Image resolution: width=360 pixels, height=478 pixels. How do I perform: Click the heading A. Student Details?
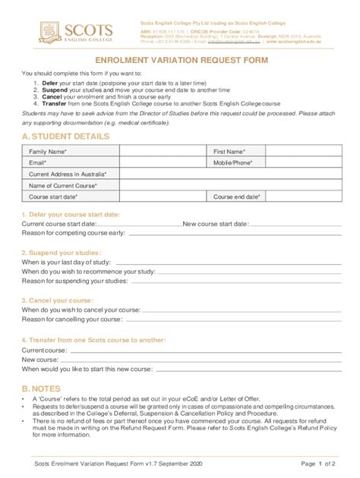pyautogui.click(x=65, y=137)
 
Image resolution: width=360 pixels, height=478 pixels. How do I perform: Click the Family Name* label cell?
pyautogui.click(x=48, y=152)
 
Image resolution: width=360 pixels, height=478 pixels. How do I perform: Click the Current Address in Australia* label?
pyautogui.click(x=68, y=174)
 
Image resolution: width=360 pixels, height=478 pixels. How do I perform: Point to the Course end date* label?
pyautogui.click(x=237, y=196)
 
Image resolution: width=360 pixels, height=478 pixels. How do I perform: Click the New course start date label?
pyautogui.click(x=216, y=224)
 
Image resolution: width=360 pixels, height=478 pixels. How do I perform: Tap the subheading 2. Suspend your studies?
pyautogui.click(x=61, y=252)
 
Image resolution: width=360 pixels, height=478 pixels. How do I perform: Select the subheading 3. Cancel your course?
pyautogui.click(x=58, y=300)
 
